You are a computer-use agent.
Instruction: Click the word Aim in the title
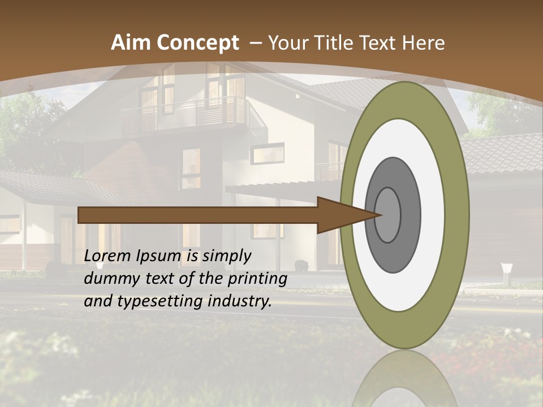point(130,43)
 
